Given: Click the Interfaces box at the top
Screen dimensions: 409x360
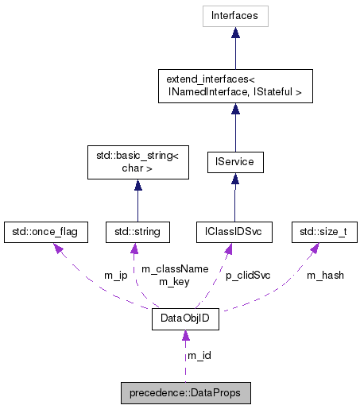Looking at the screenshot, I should point(234,16).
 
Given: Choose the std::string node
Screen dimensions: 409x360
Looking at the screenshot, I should point(137,231).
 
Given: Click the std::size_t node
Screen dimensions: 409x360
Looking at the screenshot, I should point(323,231).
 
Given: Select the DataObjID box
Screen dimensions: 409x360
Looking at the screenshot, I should point(185,321).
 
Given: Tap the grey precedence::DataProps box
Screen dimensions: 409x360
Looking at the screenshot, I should point(185,392).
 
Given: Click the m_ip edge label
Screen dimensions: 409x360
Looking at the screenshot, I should point(116,275).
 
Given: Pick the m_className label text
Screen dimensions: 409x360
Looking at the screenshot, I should point(174,268).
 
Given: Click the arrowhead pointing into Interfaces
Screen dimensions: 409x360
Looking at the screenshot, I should point(234,33).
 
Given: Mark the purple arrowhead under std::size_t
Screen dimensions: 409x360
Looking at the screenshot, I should point(315,247).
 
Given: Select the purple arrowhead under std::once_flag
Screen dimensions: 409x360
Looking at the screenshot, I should point(57,247).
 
